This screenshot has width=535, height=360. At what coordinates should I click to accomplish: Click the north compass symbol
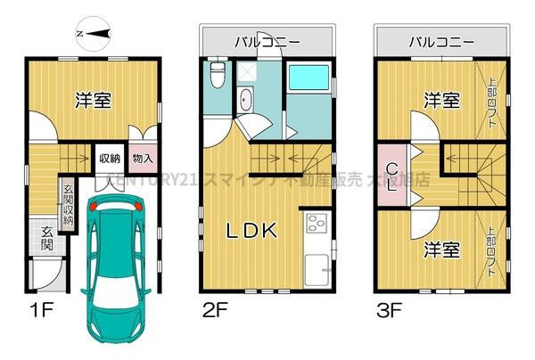click(94, 33)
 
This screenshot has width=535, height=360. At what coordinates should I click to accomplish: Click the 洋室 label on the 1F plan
click(92, 100)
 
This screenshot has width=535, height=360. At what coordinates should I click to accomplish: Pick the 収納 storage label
click(110, 159)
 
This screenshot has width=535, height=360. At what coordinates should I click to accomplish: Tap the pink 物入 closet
click(142, 159)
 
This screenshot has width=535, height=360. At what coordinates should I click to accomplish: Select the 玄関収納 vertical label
click(68, 204)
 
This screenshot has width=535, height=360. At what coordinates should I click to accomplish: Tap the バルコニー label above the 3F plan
click(440, 41)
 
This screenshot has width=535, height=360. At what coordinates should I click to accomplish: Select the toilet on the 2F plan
click(216, 77)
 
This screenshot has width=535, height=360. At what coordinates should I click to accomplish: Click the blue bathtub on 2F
click(311, 88)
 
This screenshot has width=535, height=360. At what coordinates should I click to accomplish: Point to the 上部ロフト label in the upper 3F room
click(493, 98)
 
